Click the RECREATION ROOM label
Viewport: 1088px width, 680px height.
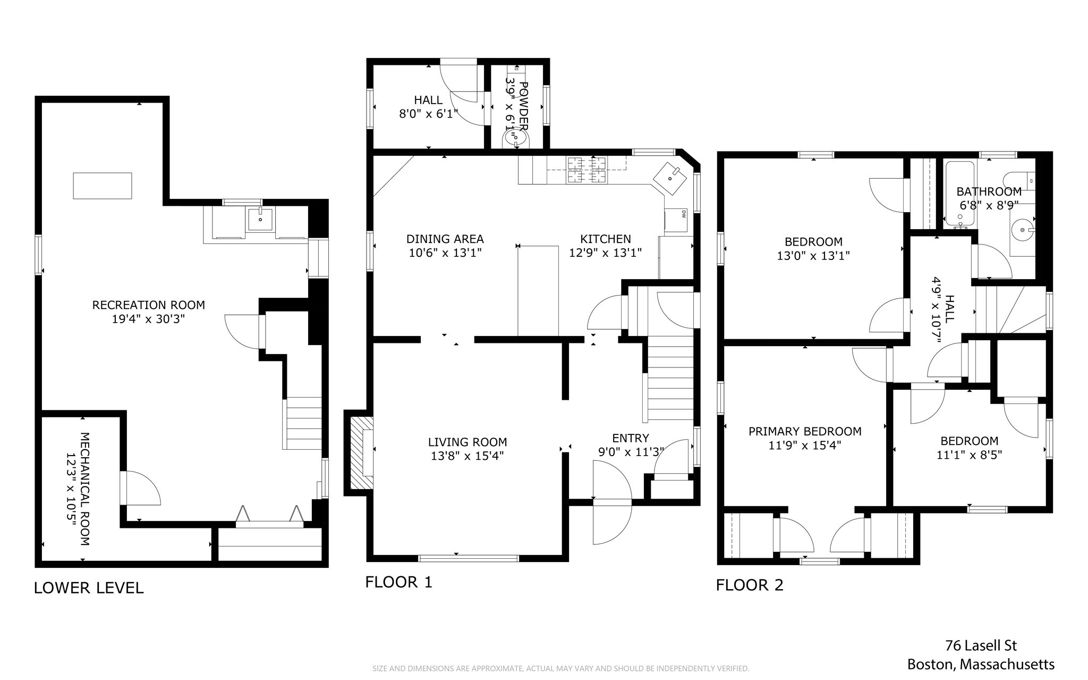click(x=148, y=305)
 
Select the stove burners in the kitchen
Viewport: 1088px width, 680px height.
click(x=586, y=170)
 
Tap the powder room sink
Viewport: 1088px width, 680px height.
click(x=515, y=140)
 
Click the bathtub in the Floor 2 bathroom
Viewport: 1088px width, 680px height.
click(x=959, y=194)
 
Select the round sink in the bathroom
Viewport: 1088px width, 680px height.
click(x=1022, y=230)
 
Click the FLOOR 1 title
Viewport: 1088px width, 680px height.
click(x=398, y=582)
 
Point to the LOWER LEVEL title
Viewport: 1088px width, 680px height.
click(x=89, y=587)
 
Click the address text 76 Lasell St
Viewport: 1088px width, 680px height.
click(x=981, y=645)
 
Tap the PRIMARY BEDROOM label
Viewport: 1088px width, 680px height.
click(x=804, y=431)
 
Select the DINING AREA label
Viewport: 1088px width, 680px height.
click(x=445, y=239)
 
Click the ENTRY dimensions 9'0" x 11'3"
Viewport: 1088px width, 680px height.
click(x=631, y=452)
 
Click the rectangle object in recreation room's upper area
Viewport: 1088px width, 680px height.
click(x=102, y=186)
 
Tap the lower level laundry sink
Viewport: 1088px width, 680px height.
click(x=260, y=220)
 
